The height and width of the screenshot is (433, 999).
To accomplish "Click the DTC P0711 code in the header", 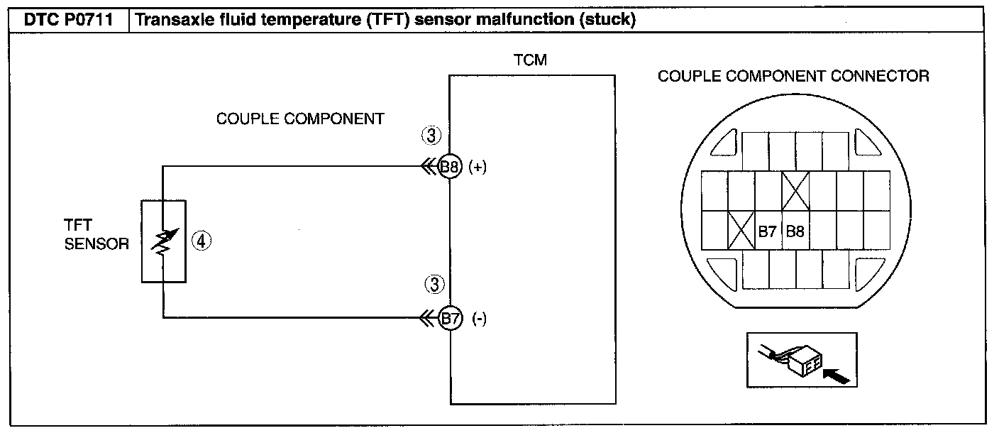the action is pyautogui.click(x=68, y=20).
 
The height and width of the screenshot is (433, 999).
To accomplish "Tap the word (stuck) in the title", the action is pyautogui.click(x=607, y=20).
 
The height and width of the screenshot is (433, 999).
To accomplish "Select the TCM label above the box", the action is pyautogui.click(x=530, y=60).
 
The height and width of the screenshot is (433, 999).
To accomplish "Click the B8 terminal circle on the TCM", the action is pyautogui.click(x=450, y=167).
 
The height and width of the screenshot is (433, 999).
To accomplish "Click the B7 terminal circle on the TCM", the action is pyautogui.click(x=451, y=318).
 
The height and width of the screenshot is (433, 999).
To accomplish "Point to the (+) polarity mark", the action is pyautogui.click(x=478, y=168).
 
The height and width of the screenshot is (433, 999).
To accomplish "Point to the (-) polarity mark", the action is pyautogui.click(x=479, y=319).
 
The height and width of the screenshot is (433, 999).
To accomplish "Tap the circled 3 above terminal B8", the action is pyautogui.click(x=431, y=136).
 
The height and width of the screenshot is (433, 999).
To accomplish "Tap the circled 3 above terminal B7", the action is pyautogui.click(x=434, y=285).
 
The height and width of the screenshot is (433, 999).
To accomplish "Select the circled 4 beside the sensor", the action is pyautogui.click(x=201, y=241).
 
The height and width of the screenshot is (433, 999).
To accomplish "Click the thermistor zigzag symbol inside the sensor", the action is pyautogui.click(x=164, y=242).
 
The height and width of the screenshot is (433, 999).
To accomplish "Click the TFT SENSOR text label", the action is pyautogui.click(x=96, y=234).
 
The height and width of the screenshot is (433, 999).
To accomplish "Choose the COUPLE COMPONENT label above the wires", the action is pyautogui.click(x=300, y=119).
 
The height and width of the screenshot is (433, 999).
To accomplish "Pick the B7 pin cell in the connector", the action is pyautogui.click(x=768, y=230).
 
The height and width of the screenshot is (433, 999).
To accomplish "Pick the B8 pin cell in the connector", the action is pyautogui.click(x=795, y=230).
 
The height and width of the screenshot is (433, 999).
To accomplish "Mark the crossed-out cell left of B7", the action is pyautogui.click(x=741, y=230).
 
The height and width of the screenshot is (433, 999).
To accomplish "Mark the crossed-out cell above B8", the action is pyautogui.click(x=795, y=191).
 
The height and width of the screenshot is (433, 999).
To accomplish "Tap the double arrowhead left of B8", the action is pyautogui.click(x=429, y=168).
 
